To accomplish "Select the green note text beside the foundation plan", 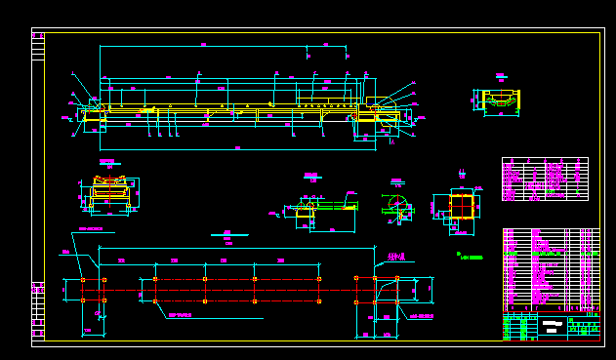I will point(471,257).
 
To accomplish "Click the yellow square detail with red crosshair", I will point(460,207).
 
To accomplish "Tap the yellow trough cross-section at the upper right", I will point(499,100).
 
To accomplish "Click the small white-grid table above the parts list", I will point(545,179).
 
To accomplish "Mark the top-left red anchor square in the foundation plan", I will point(83,280).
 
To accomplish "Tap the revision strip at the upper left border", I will point(38,46).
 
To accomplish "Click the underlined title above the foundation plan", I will point(228,234).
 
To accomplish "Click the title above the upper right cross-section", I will point(499,75).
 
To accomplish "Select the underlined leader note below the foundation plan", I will point(185,316).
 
